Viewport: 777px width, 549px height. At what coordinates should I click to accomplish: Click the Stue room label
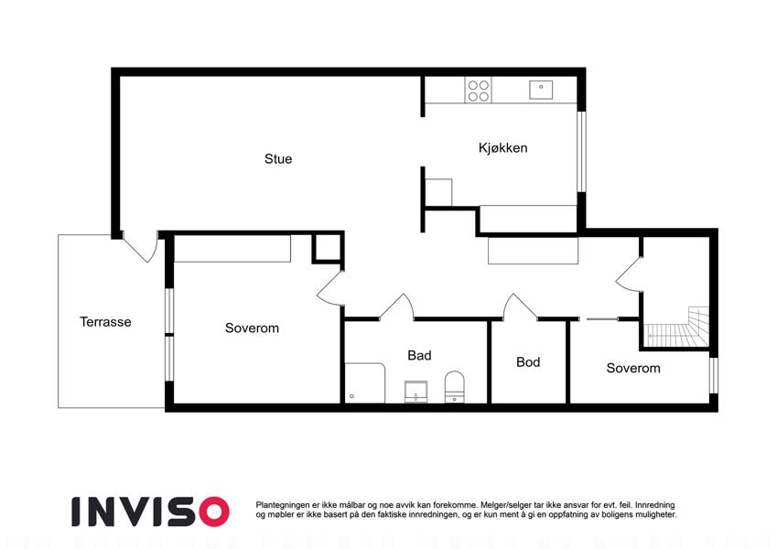(278, 158)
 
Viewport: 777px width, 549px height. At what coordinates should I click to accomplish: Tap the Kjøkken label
(502, 147)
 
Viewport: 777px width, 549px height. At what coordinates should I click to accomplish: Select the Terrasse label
(105, 321)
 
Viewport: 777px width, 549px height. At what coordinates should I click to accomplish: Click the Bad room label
(419, 355)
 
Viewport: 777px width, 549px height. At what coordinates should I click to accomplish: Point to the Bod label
(528, 362)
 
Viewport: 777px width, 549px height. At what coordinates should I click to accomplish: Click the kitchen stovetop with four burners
(479, 91)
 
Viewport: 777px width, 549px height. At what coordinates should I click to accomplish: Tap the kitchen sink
(541, 90)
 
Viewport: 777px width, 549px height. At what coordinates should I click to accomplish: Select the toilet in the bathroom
(455, 387)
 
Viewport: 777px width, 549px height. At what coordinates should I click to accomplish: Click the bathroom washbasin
(415, 392)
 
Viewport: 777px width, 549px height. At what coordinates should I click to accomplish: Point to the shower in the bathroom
(365, 383)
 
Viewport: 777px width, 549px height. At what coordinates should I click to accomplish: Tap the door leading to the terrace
(141, 247)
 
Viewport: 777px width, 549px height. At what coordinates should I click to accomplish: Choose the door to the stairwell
(630, 274)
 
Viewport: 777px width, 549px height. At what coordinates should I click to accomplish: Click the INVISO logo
(150, 511)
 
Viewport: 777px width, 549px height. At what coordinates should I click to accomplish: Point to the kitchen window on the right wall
(582, 152)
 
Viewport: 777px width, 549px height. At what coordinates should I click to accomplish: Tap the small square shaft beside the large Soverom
(327, 247)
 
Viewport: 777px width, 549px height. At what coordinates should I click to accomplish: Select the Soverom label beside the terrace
(252, 328)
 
